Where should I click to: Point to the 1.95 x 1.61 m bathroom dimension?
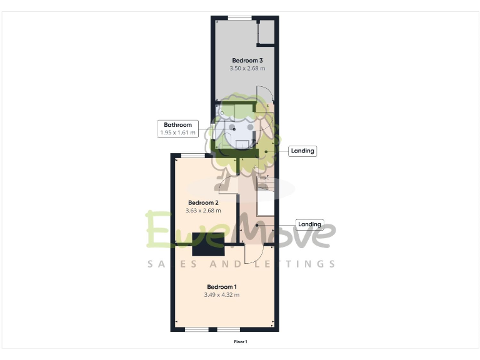click(x=177, y=132)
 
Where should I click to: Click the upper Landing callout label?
click(x=302, y=151)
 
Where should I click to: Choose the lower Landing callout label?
click(x=309, y=224)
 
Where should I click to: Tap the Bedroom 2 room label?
click(x=203, y=203)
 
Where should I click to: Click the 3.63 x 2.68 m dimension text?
click(x=203, y=211)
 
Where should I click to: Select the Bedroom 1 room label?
click(x=222, y=286)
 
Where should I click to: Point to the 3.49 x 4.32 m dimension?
click(x=222, y=294)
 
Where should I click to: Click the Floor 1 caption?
click(x=241, y=342)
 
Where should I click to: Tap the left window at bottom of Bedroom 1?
click(x=197, y=329)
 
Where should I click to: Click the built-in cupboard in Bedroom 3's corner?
click(x=266, y=32)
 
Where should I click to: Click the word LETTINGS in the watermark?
click(x=294, y=264)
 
